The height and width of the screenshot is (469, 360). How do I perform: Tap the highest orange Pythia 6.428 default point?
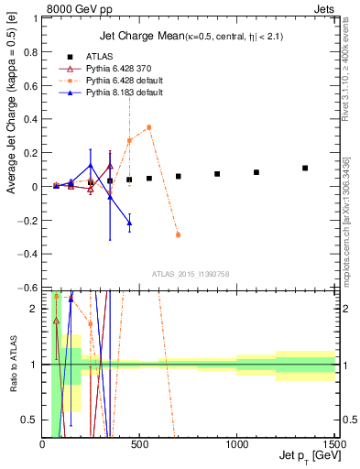[148, 127]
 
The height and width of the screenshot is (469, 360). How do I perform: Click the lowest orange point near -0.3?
[178, 234]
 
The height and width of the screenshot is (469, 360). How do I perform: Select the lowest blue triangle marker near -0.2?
[129, 223]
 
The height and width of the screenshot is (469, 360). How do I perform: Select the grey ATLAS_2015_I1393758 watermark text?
[191, 274]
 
